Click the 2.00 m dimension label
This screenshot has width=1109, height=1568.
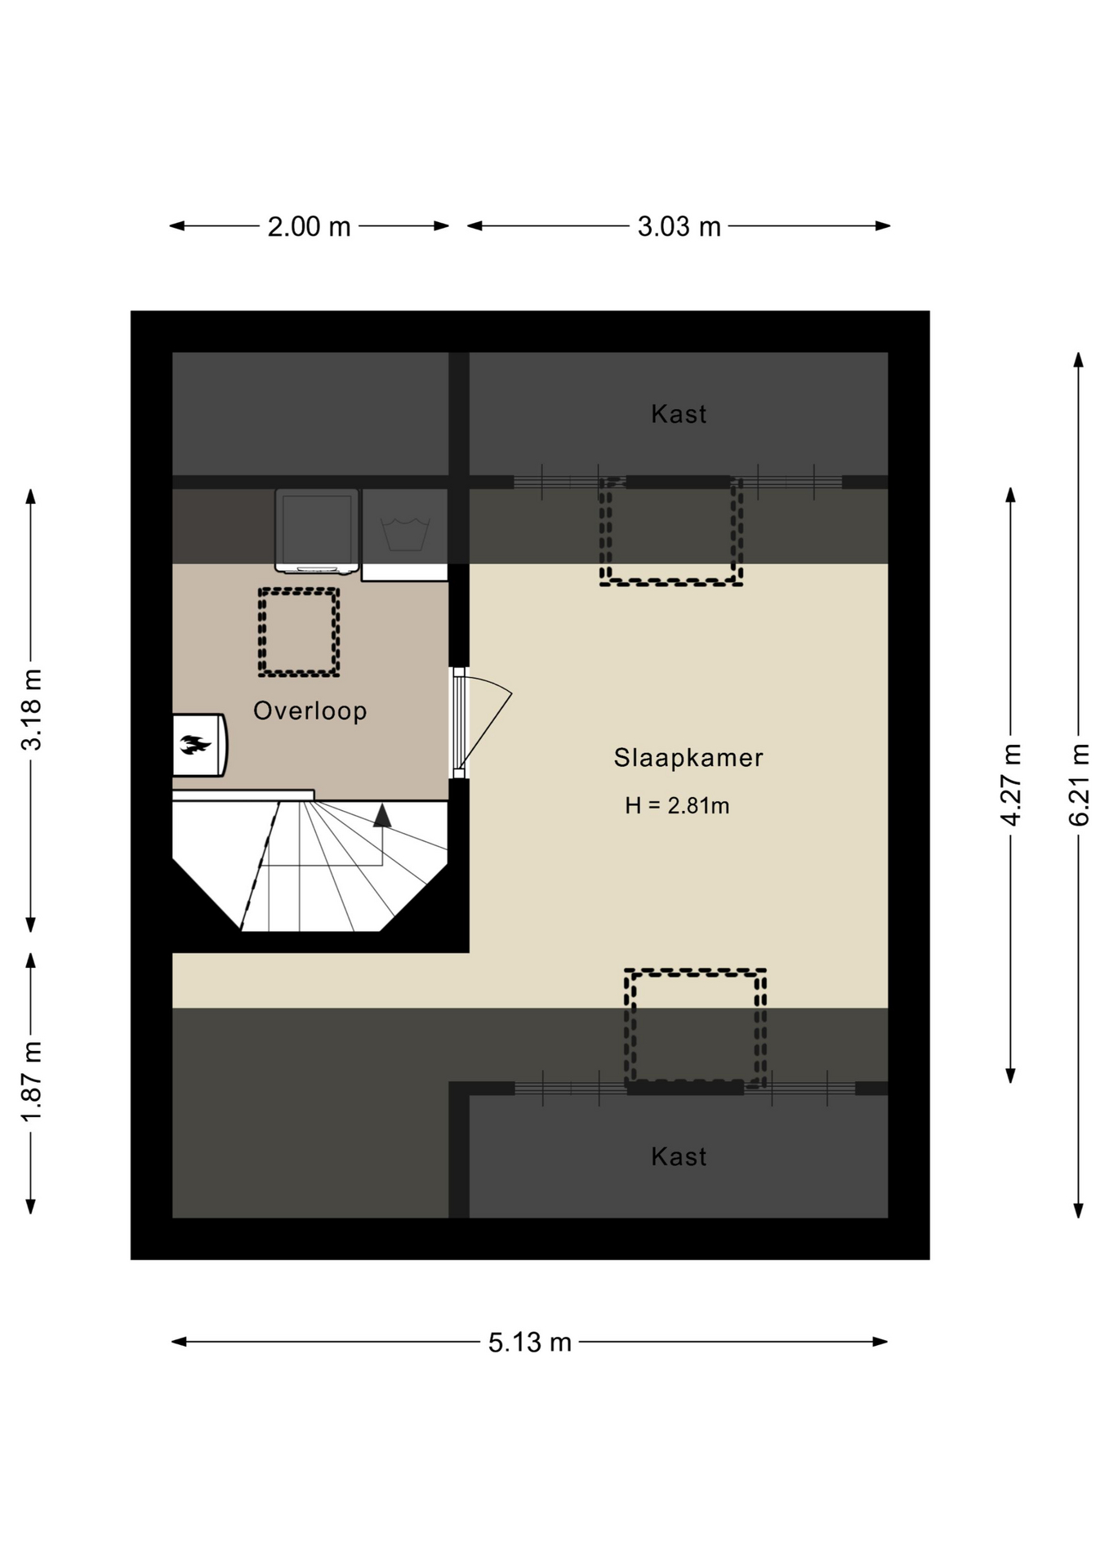point(309,226)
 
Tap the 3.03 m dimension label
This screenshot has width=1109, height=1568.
point(679,226)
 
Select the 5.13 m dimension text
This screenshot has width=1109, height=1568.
point(530,1342)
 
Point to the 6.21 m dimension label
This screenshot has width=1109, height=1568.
point(1079,784)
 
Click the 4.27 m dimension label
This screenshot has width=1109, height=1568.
point(1011,784)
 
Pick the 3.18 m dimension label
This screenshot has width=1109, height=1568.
point(31,709)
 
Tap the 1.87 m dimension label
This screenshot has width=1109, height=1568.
point(31,1082)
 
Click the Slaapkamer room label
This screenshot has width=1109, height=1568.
point(688,758)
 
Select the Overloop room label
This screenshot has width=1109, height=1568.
point(310,710)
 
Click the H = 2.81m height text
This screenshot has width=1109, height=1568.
point(677,806)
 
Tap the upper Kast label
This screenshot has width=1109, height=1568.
point(679,414)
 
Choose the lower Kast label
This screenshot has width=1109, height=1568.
point(679,1156)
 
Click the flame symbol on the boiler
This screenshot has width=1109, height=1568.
point(195,744)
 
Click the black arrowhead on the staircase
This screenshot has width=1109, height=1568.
point(382,816)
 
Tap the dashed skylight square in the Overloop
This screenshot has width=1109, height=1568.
point(299,590)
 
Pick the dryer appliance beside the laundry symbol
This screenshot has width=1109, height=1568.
point(317,531)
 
